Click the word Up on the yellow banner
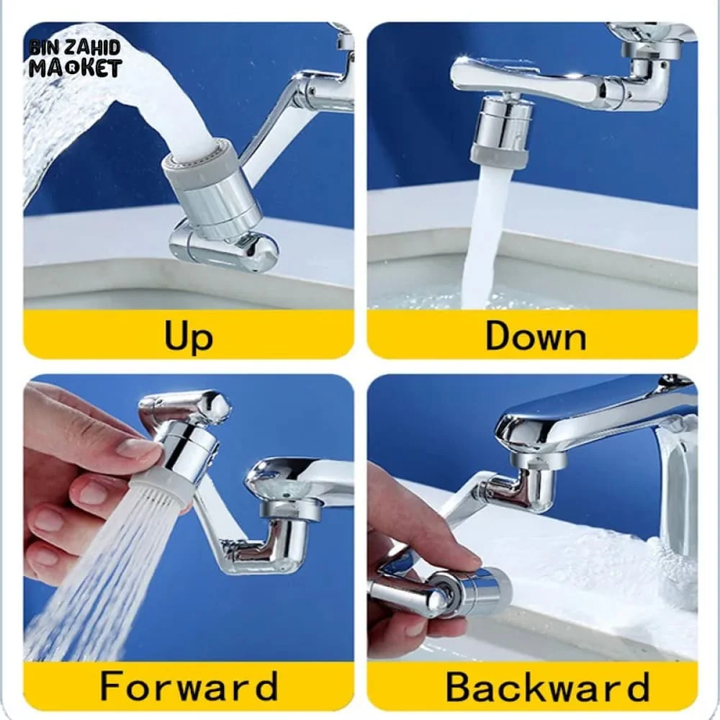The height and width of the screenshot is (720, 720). (x=189, y=336)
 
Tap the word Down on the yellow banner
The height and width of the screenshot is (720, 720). (x=535, y=336)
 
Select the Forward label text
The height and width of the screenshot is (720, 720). (x=189, y=685)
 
